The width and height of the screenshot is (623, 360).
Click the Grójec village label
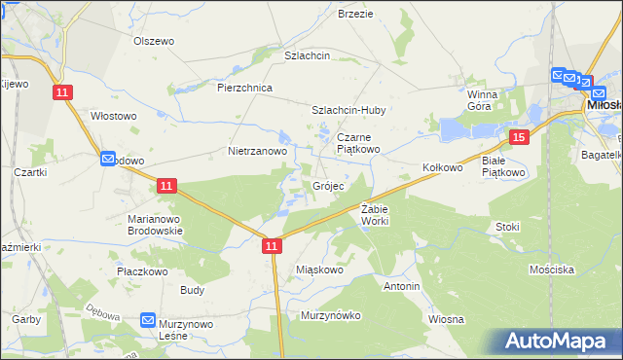coord(327,186)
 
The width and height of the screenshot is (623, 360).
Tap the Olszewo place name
coord(153,41)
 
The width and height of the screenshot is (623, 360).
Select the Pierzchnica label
coord(244,88)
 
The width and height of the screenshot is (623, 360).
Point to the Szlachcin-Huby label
coord(348,111)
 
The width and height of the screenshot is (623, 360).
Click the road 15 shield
coord(519,138)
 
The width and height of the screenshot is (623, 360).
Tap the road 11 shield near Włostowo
coord(63,91)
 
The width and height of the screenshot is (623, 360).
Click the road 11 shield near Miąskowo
coord(272,248)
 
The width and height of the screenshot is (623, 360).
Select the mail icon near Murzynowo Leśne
coord(148,319)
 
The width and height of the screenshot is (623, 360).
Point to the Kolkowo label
coord(442,168)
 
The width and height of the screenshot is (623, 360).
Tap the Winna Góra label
coord(482,100)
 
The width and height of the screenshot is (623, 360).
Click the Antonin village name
coord(401,287)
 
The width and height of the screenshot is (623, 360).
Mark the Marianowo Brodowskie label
coord(157,225)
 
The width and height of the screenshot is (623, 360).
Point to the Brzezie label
coord(355,14)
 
